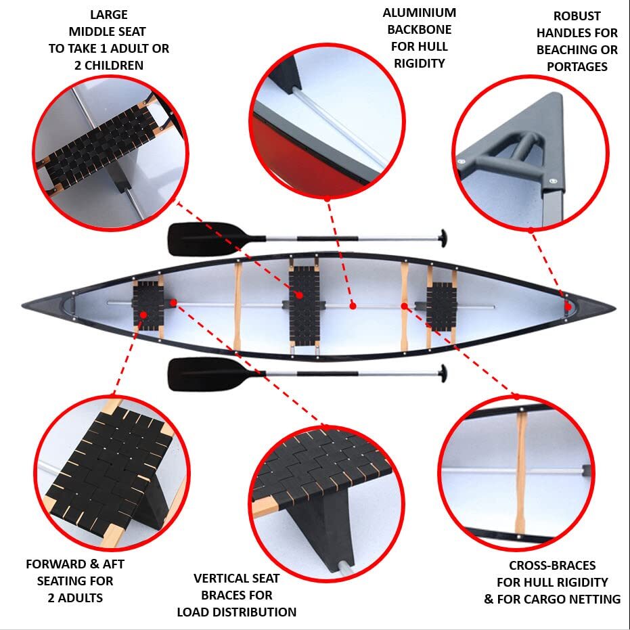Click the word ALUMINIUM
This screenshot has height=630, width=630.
[x=419, y=13]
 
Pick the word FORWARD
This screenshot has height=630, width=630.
[x=58, y=564]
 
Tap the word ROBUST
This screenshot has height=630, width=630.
[x=577, y=16]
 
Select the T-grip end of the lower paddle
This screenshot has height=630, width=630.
[x=443, y=373]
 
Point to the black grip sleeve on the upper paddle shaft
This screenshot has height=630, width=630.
[x=327, y=238]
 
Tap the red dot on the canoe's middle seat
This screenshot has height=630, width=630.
[x=298, y=295]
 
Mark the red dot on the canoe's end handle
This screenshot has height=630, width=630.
[x=568, y=307]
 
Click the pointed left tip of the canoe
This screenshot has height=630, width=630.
[x=25, y=304]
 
